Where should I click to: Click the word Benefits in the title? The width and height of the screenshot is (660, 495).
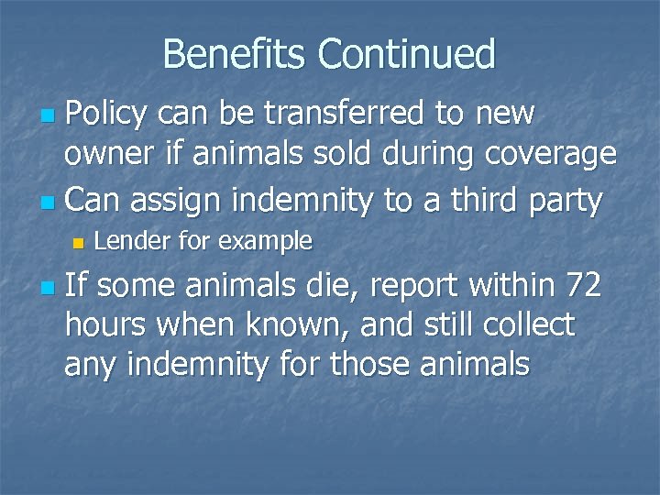[x=236, y=54]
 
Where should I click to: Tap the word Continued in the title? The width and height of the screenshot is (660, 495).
[x=406, y=54]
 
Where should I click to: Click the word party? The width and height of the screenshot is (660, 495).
[x=567, y=201]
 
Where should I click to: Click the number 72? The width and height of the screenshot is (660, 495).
[x=582, y=286]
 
